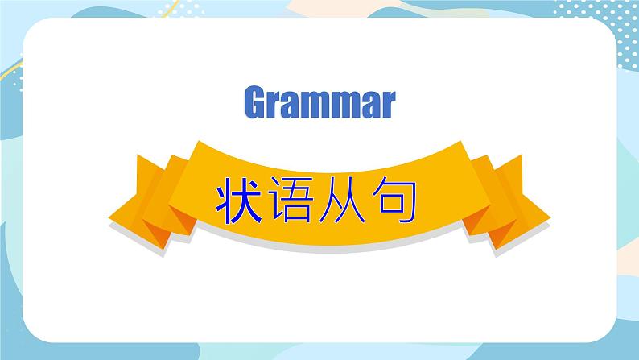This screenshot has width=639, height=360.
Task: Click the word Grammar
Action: (320, 101)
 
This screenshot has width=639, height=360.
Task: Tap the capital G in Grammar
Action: (255, 101)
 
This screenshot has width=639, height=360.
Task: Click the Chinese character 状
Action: (238, 201)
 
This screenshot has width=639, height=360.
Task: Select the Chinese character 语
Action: (291, 201)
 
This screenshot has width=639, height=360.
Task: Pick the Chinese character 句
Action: (394, 201)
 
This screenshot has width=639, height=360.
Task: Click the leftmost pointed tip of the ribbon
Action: (109, 219)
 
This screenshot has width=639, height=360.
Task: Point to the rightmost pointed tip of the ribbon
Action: (550, 218)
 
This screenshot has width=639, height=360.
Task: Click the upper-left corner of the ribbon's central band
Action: (199, 141)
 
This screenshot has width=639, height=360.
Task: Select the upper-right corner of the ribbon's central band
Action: (460, 141)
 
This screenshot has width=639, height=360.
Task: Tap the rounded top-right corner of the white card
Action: (608, 27)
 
